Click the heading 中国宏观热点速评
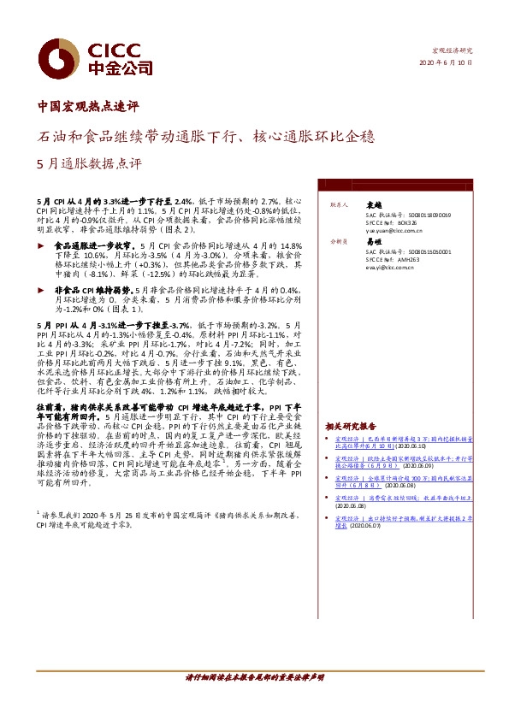(x=88, y=108)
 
